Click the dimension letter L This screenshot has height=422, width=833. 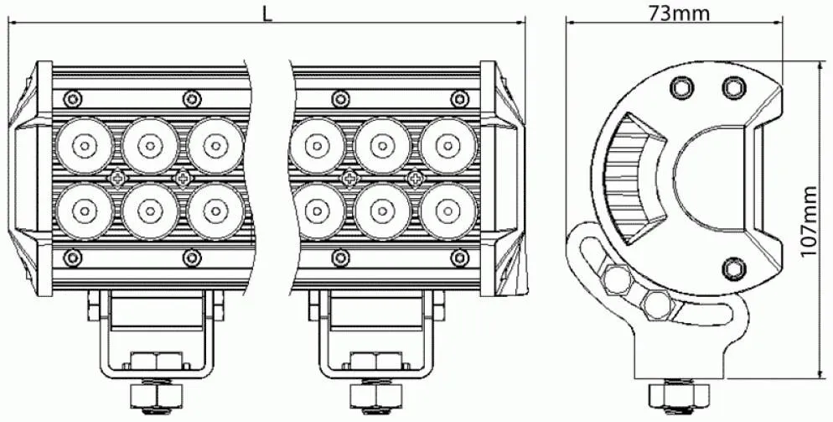pos(268,13)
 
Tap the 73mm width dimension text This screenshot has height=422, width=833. pos(679,13)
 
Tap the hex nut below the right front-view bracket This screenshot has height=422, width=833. pos(376,395)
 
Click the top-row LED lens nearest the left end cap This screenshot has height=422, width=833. pos(85,146)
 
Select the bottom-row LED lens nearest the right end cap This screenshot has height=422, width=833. pos(448,211)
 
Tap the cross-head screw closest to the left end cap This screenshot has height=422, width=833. pos(116,178)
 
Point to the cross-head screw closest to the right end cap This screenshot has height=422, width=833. pos(415,178)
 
